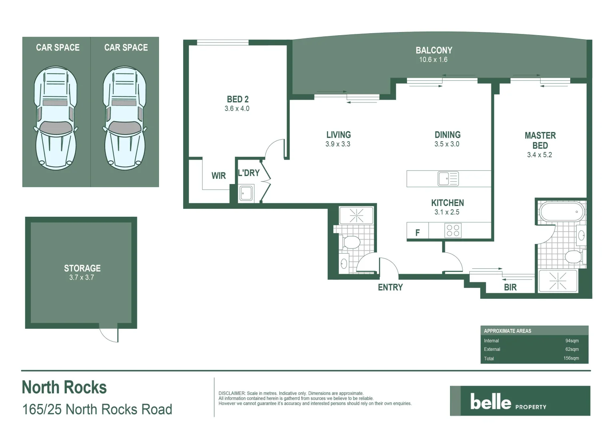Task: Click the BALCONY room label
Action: (x=434, y=50)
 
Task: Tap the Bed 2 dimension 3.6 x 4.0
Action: (x=237, y=109)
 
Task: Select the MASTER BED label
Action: (x=540, y=140)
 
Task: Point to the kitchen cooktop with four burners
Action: (x=453, y=231)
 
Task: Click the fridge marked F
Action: (x=417, y=232)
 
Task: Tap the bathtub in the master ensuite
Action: (x=561, y=212)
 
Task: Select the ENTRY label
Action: (x=390, y=287)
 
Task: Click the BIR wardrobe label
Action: (x=510, y=287)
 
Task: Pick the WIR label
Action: (x=218, y=176)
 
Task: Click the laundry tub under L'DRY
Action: (x=246, y=193)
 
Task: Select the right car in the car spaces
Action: (x=124, y=118)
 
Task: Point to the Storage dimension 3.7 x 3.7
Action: (x=82, y=278)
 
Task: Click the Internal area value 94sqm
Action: (x=572, y=341)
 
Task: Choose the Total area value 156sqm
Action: (x=571, y=358)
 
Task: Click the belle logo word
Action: (x=491, y=402)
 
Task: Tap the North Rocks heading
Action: (x=64, y=388)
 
